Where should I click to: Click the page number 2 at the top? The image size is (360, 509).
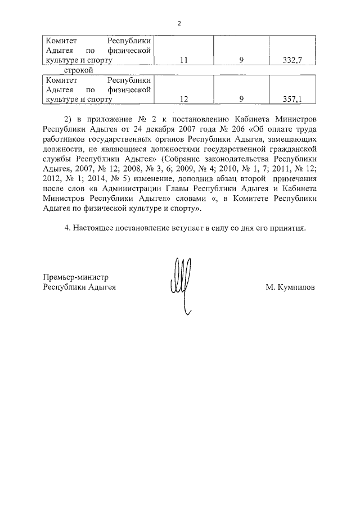[179, 24]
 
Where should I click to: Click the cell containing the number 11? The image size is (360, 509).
[183, 60]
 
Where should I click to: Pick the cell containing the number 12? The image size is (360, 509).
[183, 99]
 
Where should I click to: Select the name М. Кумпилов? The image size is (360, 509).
[290, 287]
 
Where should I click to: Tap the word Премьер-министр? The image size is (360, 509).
[75, 277]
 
